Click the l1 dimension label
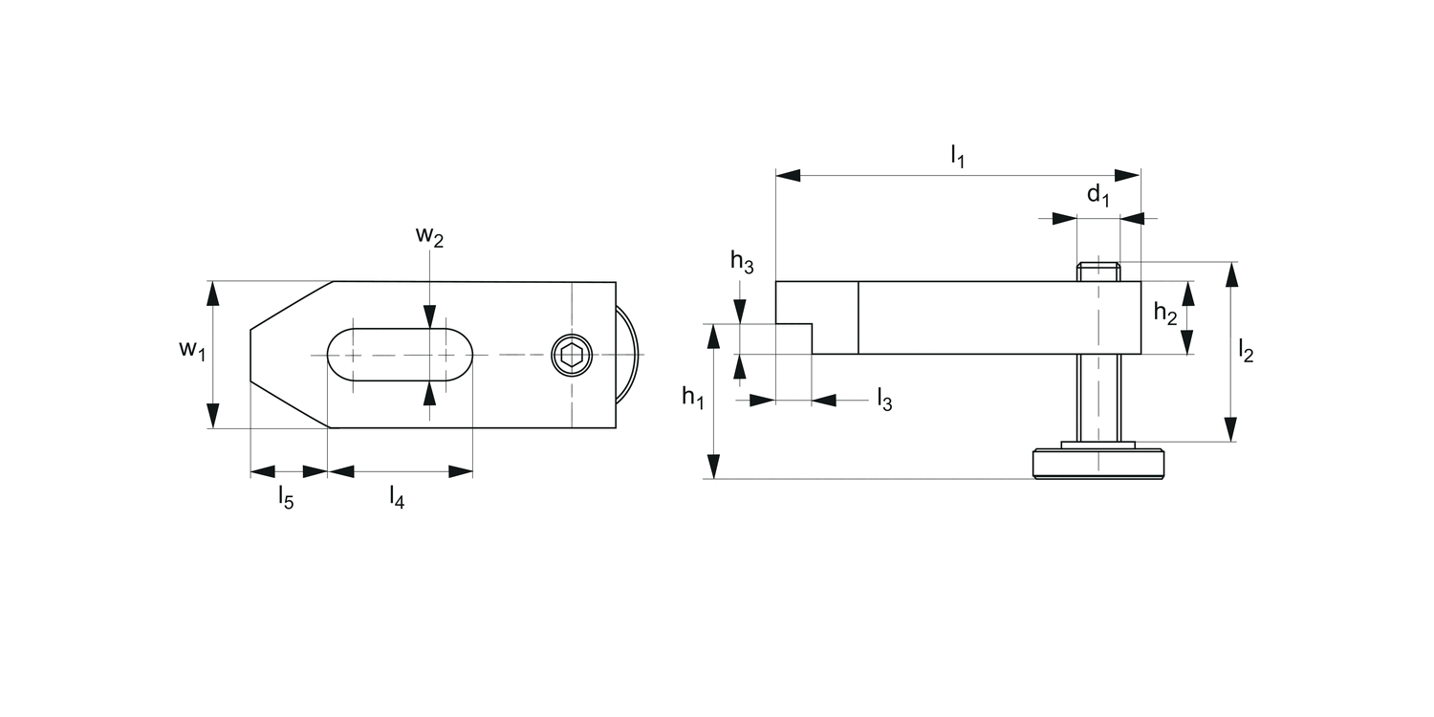coord(957,156)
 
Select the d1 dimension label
coord(1098,197)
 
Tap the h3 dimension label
coord(742,261)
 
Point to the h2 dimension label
coord(1165,313)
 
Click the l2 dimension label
coord(1245,352)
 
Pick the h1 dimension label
coord(692,397)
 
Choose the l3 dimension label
coord(884,401)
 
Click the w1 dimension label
coord(192,350)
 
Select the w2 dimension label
coord(429,237)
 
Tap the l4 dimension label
coord(396,497)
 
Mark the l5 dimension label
coord(286,497)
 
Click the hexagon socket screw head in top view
coord(572,356)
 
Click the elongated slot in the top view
coord(400,356)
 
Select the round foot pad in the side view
coord(1098,464)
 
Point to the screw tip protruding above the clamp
coord(1098,271)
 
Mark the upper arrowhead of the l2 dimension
coord(1231,274)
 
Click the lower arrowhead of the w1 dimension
coord(213,416)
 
